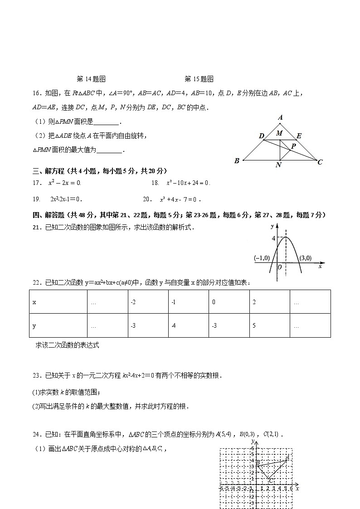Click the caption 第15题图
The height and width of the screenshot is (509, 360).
point(199,79)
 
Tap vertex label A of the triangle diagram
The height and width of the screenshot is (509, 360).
point(281,118)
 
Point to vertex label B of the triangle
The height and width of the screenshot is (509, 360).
point(237,161)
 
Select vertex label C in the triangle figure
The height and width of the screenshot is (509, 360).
point(320,162)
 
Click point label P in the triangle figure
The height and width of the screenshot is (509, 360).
point(293,146)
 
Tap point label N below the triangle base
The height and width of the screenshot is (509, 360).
point(278,165)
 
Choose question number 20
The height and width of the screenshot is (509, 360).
point(147,199)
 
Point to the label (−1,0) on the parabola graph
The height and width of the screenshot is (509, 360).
point(262,258)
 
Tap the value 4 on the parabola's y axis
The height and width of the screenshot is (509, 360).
point(273,238)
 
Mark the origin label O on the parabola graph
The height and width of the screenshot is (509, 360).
point(279,267)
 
